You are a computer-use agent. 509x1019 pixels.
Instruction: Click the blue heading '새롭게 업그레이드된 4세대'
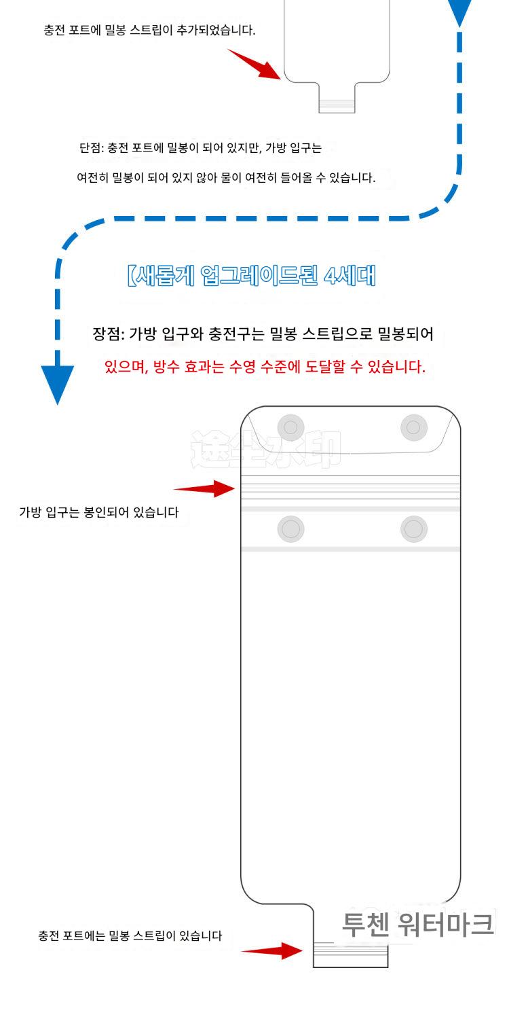(x=251, y=276)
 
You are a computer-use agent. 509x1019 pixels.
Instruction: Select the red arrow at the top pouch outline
(x=254, y=64)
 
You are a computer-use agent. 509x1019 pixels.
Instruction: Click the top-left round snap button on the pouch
(x=290, y=427)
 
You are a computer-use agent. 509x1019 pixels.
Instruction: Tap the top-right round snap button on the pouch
(x=413, y=427)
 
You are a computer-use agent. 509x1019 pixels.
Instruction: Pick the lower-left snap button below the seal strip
(x=290, y=529)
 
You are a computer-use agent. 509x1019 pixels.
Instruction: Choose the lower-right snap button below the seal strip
(x=413, y=529)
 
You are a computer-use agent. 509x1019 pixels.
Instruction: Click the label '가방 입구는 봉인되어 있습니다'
(x=98, y=512)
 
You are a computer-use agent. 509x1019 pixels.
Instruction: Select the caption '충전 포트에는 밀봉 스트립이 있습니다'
(x=130, y=935)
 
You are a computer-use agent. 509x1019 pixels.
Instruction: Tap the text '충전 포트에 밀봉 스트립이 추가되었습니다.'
(x=149, y=31)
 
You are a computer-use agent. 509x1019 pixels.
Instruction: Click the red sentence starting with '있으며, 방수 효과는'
(x=265, y=368)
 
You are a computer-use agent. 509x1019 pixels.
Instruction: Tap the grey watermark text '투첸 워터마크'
(x=417, y=925)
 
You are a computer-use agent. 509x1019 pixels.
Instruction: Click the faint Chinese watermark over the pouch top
(x=265, y=449)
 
